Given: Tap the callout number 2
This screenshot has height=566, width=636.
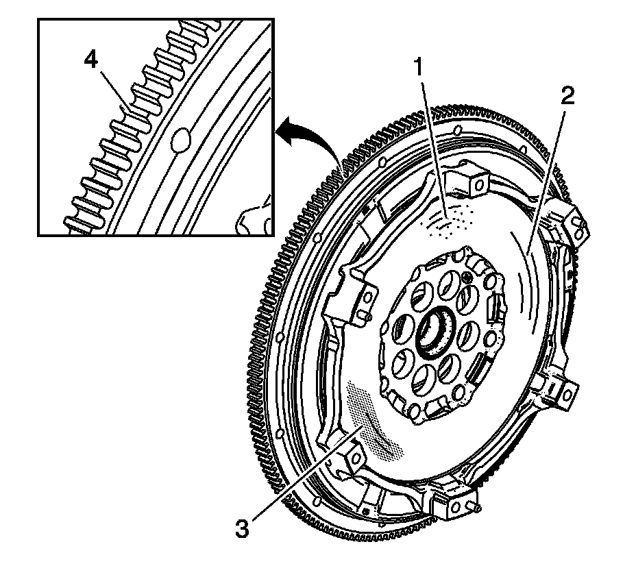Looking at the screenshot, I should [566, 96].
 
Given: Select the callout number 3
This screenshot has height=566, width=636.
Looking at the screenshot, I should [242, 528].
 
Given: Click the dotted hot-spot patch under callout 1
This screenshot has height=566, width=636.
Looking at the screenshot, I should [449, 221].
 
